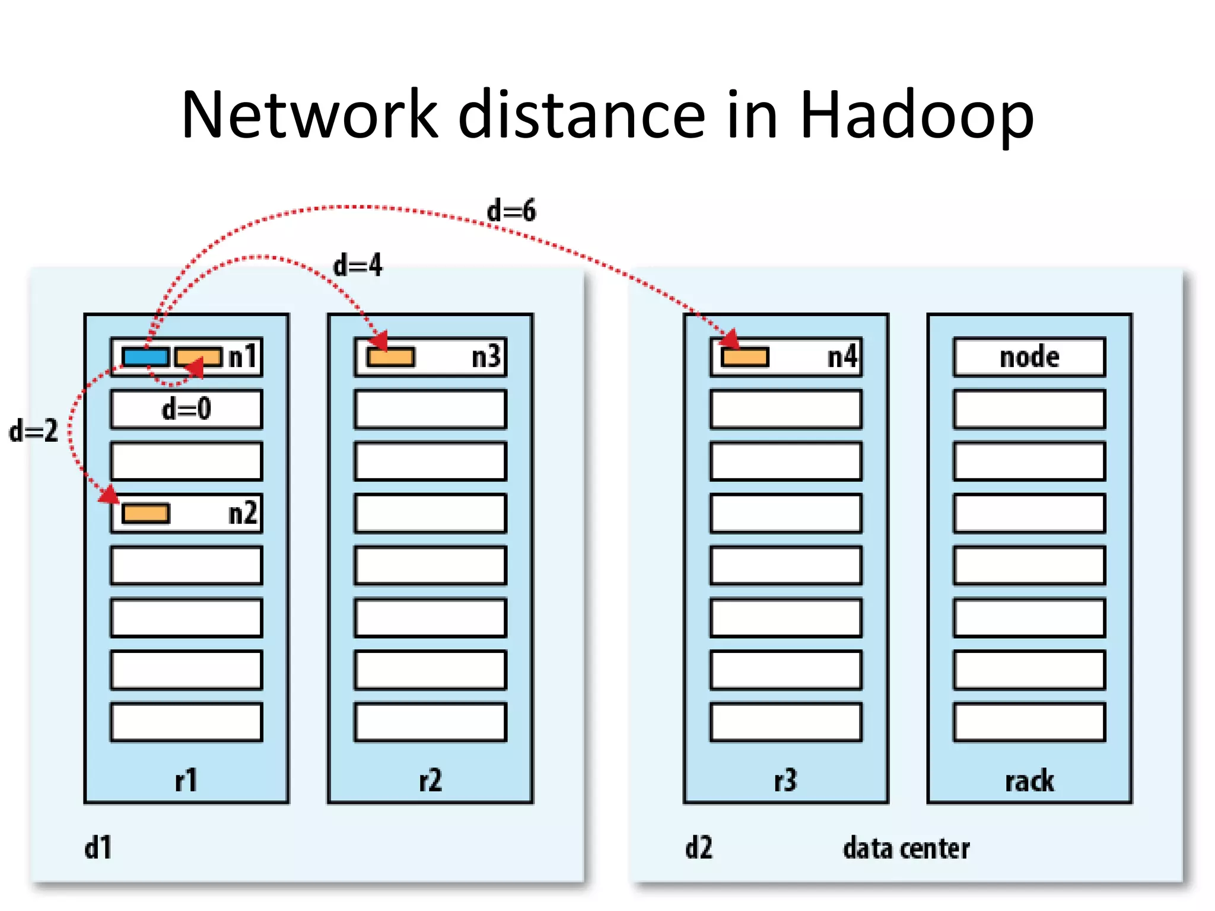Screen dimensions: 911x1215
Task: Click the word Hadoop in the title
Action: pyautogui.click(x=917, y=116)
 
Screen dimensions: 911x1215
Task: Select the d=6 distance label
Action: pyautogui.click(x=511, y=211)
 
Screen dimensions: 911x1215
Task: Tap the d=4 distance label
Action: pyautogui.click(x=358, y=265)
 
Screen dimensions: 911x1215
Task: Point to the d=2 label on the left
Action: pyautogui.click(x=34, y=431)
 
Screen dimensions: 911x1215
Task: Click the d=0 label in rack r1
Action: pyautogui.click(x=186, y=409)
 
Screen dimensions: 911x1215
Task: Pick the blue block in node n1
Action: pyautogui.click(x=146, y=357)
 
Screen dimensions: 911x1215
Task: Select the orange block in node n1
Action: pyautogui.click(x=199, y=357)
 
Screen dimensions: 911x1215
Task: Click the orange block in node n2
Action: pyautogui.click(x=146, y=514)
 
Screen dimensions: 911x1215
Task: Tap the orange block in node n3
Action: pyautogui.click(x=390, y=357)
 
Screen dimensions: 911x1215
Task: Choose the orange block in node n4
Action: pyautogui.click(x=745, y=357)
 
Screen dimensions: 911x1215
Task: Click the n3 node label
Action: pyautogui.click(x=486, y=357)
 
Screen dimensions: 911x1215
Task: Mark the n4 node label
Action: pyautogui.click(x=842, y=357)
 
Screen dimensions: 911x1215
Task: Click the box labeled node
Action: pyautogui.click(x=1029, y=357)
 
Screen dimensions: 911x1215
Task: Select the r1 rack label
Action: pyautogui.click(x=186, y=781)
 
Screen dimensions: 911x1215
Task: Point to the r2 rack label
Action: pyautogui.click(x=430, y=781)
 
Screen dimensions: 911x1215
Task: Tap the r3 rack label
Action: pyautogui.click(x=785, y=781)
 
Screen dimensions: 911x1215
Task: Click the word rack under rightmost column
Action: pyautogui.click(x=1029, y=781)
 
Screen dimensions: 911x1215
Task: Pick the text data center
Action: pyautogui.click(x=906, y=849)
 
